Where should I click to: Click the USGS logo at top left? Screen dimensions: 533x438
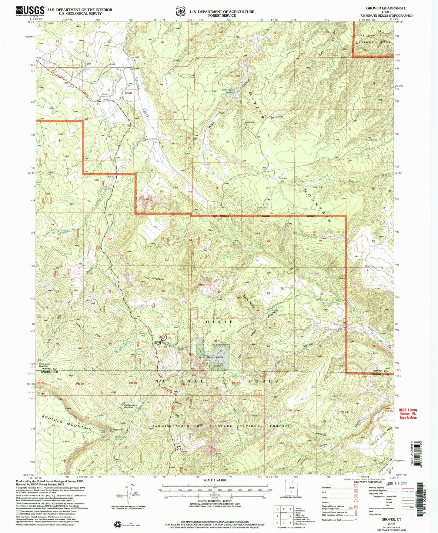point(30,11)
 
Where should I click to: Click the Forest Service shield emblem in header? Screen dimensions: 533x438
point(181,12)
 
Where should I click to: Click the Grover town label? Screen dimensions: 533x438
point(128,93)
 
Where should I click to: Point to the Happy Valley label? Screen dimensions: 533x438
point(215,357)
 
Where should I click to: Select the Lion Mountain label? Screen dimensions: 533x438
point(153,278)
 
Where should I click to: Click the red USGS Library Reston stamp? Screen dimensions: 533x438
point(408,414)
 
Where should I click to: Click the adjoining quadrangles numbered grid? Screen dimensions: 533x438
point(283,515)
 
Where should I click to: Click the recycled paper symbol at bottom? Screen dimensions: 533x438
point(117,524)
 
